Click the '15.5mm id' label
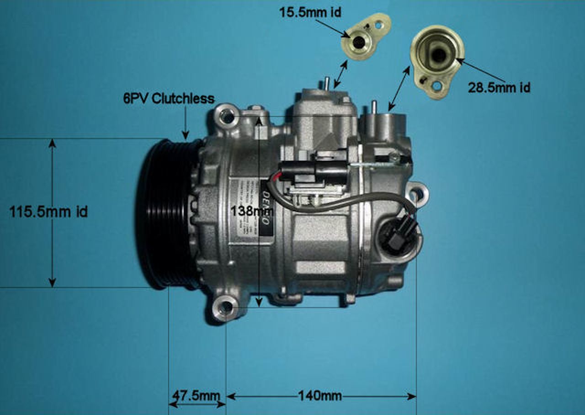click(310, 13)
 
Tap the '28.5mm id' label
click(499, 87)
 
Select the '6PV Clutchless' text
click(169, 98)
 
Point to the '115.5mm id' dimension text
click(48, 212)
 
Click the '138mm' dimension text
click(252, 211)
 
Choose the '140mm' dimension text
click(320, 395)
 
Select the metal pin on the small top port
click(327, 85)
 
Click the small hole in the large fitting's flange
click(437, 85)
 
